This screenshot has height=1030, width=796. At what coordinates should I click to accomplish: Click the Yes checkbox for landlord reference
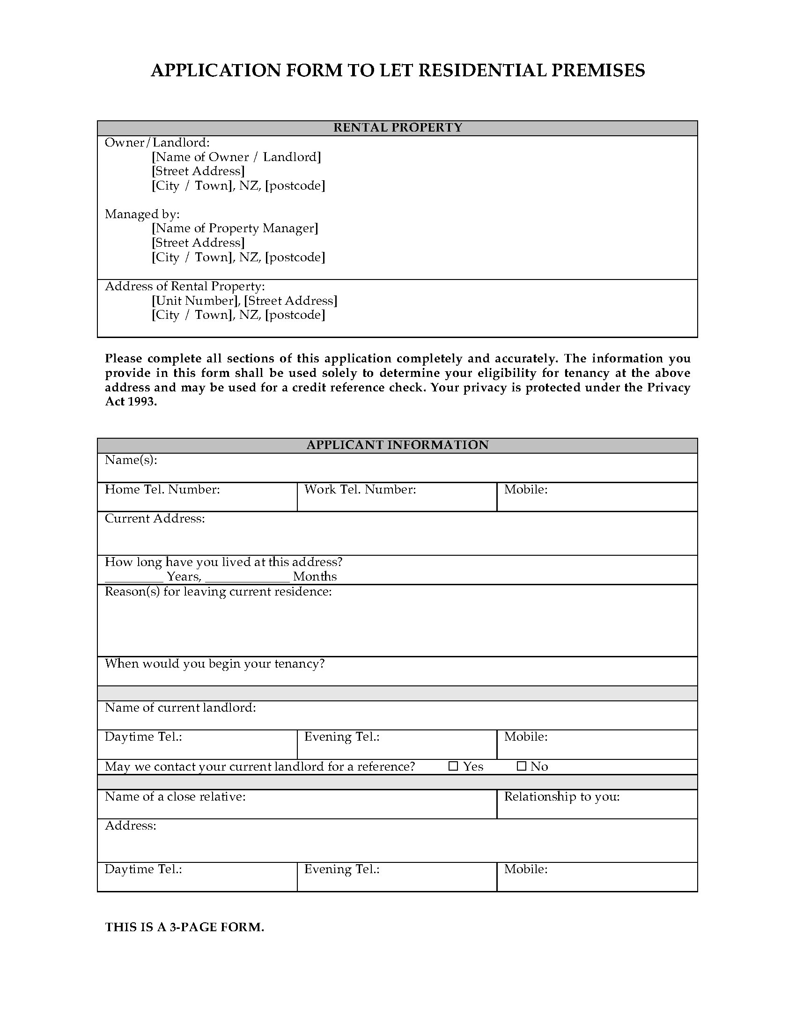pos(453,766)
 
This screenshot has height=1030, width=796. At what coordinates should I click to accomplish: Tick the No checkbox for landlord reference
pos(521,766)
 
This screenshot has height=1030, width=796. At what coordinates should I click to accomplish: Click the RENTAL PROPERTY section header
pos(398,128)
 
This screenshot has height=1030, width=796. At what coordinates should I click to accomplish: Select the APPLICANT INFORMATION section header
pos(398,445)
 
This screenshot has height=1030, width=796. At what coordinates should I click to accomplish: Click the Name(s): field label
pos(131,460)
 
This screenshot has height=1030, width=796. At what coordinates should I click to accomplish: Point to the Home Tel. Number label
pos(162,490)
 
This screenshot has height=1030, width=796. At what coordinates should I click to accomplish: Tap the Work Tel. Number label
pos(360,490)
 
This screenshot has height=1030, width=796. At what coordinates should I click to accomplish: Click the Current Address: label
pos(155,519)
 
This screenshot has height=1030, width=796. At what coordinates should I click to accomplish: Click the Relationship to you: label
pos(561,796)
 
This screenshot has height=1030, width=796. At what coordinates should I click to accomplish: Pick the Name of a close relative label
pos(175,796)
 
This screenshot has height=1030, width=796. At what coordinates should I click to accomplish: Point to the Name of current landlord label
pos(180,707)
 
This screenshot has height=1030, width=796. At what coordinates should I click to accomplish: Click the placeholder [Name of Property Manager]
pos(235,228)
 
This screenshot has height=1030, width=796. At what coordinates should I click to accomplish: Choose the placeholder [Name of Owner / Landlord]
pos(236,157)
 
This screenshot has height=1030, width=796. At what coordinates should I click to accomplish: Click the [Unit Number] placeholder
pos(195,301)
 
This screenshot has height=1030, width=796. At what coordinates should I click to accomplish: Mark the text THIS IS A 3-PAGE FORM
pos(184,927)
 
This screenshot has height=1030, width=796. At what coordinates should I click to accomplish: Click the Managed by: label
pos(142,214)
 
